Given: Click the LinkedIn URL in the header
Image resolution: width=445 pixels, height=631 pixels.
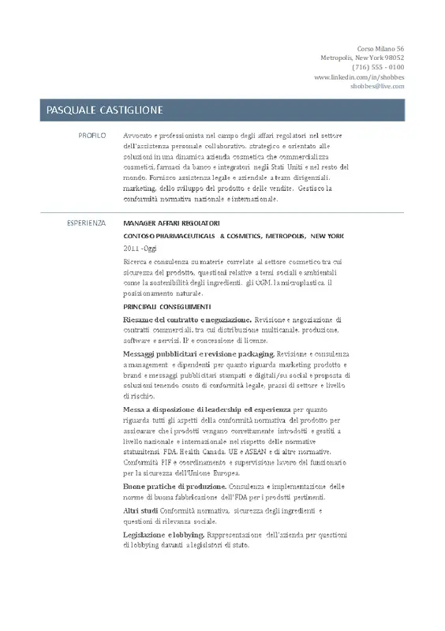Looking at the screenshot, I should (x=359, y=77).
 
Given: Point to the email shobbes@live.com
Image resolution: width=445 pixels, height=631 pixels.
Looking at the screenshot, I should (x=377, y=86).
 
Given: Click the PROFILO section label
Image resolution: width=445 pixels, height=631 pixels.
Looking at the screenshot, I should (x=92, y=136).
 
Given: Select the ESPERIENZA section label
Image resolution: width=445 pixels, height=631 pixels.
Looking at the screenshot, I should (x=85, y=223).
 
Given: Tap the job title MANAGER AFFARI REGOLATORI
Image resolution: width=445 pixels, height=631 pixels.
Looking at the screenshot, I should (x=171, y=224).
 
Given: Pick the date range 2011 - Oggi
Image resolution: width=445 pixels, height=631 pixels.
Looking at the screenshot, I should (x=140, y=248).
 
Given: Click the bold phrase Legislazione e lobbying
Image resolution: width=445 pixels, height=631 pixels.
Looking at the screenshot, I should (x=163, y=535).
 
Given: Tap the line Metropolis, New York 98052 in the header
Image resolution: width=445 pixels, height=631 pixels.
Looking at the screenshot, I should (x=362, y=58).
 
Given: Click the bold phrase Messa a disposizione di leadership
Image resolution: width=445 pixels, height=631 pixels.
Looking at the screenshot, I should (x=207, y=410).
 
